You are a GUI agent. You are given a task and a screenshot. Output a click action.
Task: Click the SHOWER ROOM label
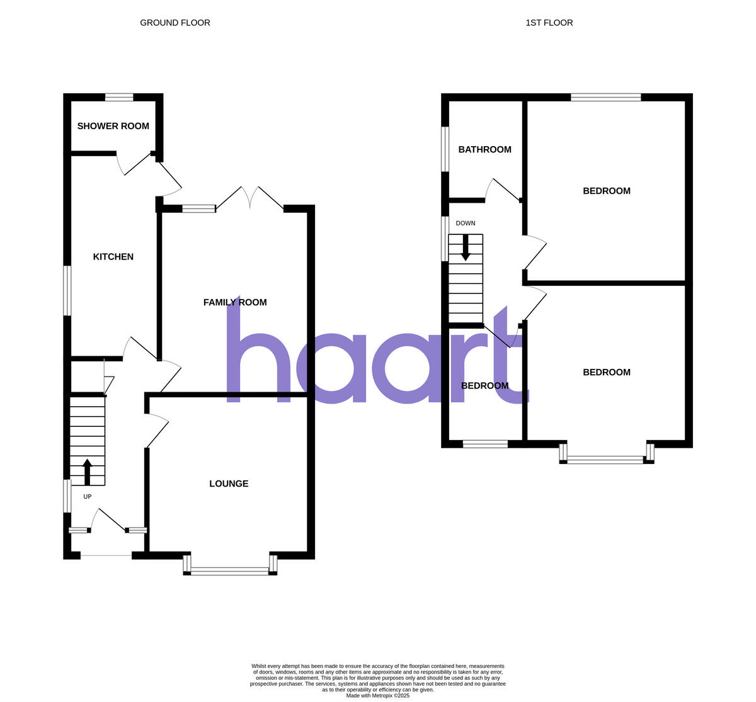pos(113,126)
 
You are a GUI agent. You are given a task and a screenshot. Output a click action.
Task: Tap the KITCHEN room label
pos(113,257)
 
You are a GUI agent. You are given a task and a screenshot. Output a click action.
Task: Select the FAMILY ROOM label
pos(235,302)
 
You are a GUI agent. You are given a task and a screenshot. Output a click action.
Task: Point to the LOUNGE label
pos(229,484)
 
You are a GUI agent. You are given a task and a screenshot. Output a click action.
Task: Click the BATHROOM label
pos(484,150)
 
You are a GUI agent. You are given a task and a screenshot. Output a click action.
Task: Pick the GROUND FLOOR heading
pos(175,23)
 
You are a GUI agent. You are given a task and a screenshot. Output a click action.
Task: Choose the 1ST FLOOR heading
pos(549,23)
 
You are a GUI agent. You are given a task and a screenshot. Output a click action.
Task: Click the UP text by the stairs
pos(88,497)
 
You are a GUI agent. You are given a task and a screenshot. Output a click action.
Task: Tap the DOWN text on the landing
pos(466,224)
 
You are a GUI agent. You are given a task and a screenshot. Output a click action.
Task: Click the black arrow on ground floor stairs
pos(87,472)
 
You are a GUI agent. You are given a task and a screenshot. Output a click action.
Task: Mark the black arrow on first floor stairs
pos(466,247)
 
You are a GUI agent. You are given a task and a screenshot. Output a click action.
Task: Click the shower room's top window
pos(119,97)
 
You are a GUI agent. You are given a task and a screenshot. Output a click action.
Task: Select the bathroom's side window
pos(445,149)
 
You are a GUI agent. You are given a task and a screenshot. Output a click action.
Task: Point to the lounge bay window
pos(230,570)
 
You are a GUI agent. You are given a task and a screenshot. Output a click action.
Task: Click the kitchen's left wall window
pos(67,290)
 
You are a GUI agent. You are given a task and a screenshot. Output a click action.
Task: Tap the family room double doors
pos(250,196)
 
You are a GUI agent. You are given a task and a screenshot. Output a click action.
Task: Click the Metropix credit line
pos(377,696)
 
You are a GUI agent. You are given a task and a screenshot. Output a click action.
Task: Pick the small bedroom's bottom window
pos(485,444)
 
